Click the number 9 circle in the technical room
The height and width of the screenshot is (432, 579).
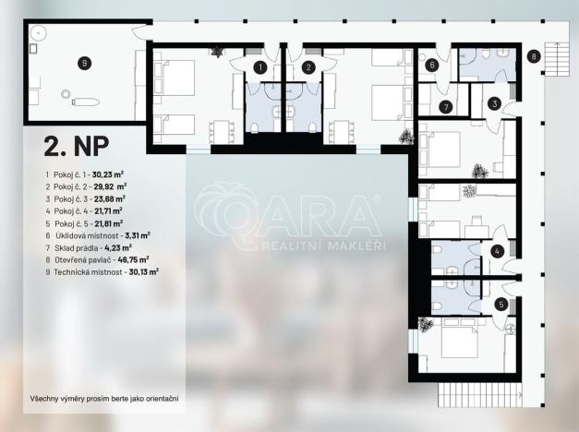click(x=84, y=63)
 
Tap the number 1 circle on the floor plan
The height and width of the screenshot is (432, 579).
click(x=259, y=67)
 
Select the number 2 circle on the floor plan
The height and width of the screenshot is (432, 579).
click(x=309, y=67)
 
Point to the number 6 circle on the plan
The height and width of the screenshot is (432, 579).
click(x=431, y=65)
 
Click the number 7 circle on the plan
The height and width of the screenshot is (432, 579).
click(x=445, y=107)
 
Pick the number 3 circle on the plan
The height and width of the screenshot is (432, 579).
click(x=494, y=104)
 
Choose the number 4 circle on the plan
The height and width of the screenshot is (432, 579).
click(x=497, y=250)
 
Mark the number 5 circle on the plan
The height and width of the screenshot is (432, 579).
click(x=501, y=304)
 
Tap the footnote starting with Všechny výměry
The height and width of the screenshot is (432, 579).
click(x=103, y=399)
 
